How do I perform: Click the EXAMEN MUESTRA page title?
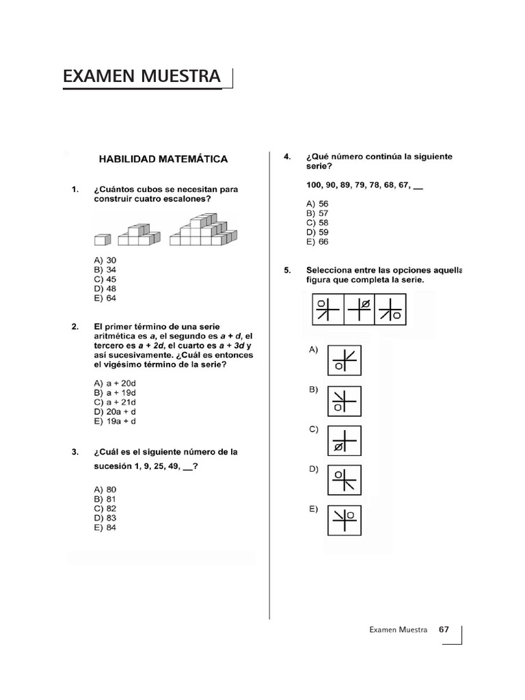coord(142,77)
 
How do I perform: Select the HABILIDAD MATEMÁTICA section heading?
coord(164,159)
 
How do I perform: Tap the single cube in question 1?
coord(103,239)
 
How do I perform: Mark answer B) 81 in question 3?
coord(105,499)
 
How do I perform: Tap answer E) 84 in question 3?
coord(105,528)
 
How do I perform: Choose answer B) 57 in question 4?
coord(317,213)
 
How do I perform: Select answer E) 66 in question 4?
coord(317,241)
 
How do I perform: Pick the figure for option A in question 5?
coord(345,360)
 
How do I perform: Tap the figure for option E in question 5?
coord(345,520)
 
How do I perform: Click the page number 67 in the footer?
coord(444,630)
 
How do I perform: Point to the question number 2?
coord(75,327)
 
